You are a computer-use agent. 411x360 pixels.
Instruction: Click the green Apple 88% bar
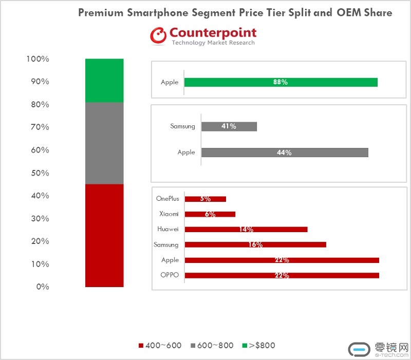[281, 82]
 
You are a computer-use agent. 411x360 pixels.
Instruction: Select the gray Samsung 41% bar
[229, 126]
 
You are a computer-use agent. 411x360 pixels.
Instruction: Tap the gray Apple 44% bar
[285, 152]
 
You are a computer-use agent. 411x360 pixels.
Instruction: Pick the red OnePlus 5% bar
[205, 199]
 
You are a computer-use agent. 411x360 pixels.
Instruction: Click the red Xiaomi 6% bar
[210, 214]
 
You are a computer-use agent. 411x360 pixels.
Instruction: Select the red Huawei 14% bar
[246, 229]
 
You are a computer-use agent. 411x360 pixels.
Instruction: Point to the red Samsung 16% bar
[255, 244]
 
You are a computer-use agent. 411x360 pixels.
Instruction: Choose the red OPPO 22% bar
[282, 275]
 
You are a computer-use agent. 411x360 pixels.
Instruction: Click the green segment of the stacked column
[104, 81]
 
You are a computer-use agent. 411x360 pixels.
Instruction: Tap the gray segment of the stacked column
[104, 143]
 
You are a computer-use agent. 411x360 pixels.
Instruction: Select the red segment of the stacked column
[104, 235]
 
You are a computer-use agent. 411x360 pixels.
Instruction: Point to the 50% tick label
[38, 173]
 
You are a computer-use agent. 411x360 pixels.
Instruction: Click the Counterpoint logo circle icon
[158, 35]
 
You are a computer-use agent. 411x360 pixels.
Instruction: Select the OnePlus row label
[167, 199]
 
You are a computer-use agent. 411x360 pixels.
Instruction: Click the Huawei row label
[168, 229]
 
